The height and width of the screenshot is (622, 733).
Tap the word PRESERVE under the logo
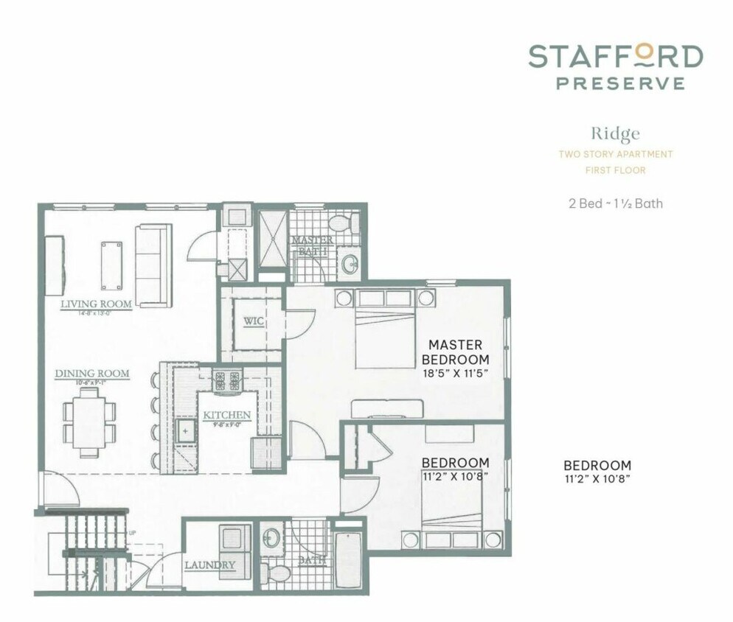coord(620,83)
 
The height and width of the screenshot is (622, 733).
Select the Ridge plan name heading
coord(614,133)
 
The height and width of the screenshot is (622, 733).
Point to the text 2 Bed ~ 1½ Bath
coord(615,203)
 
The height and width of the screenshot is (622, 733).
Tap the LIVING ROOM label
coord(96,304)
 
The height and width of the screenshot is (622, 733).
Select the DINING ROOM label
coord(92,374)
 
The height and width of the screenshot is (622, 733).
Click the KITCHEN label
coord(227,415)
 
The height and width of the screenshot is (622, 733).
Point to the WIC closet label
coord(254,322)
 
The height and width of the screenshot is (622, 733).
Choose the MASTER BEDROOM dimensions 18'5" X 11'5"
coord(455,374)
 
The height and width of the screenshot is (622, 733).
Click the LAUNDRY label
coord(209,565)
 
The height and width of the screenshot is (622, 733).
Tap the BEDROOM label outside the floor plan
coord(597,466)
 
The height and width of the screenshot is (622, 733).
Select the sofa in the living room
coord(153,265)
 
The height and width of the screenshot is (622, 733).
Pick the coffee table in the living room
coord(112,264)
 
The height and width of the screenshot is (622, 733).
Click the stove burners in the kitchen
coord(227,381)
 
